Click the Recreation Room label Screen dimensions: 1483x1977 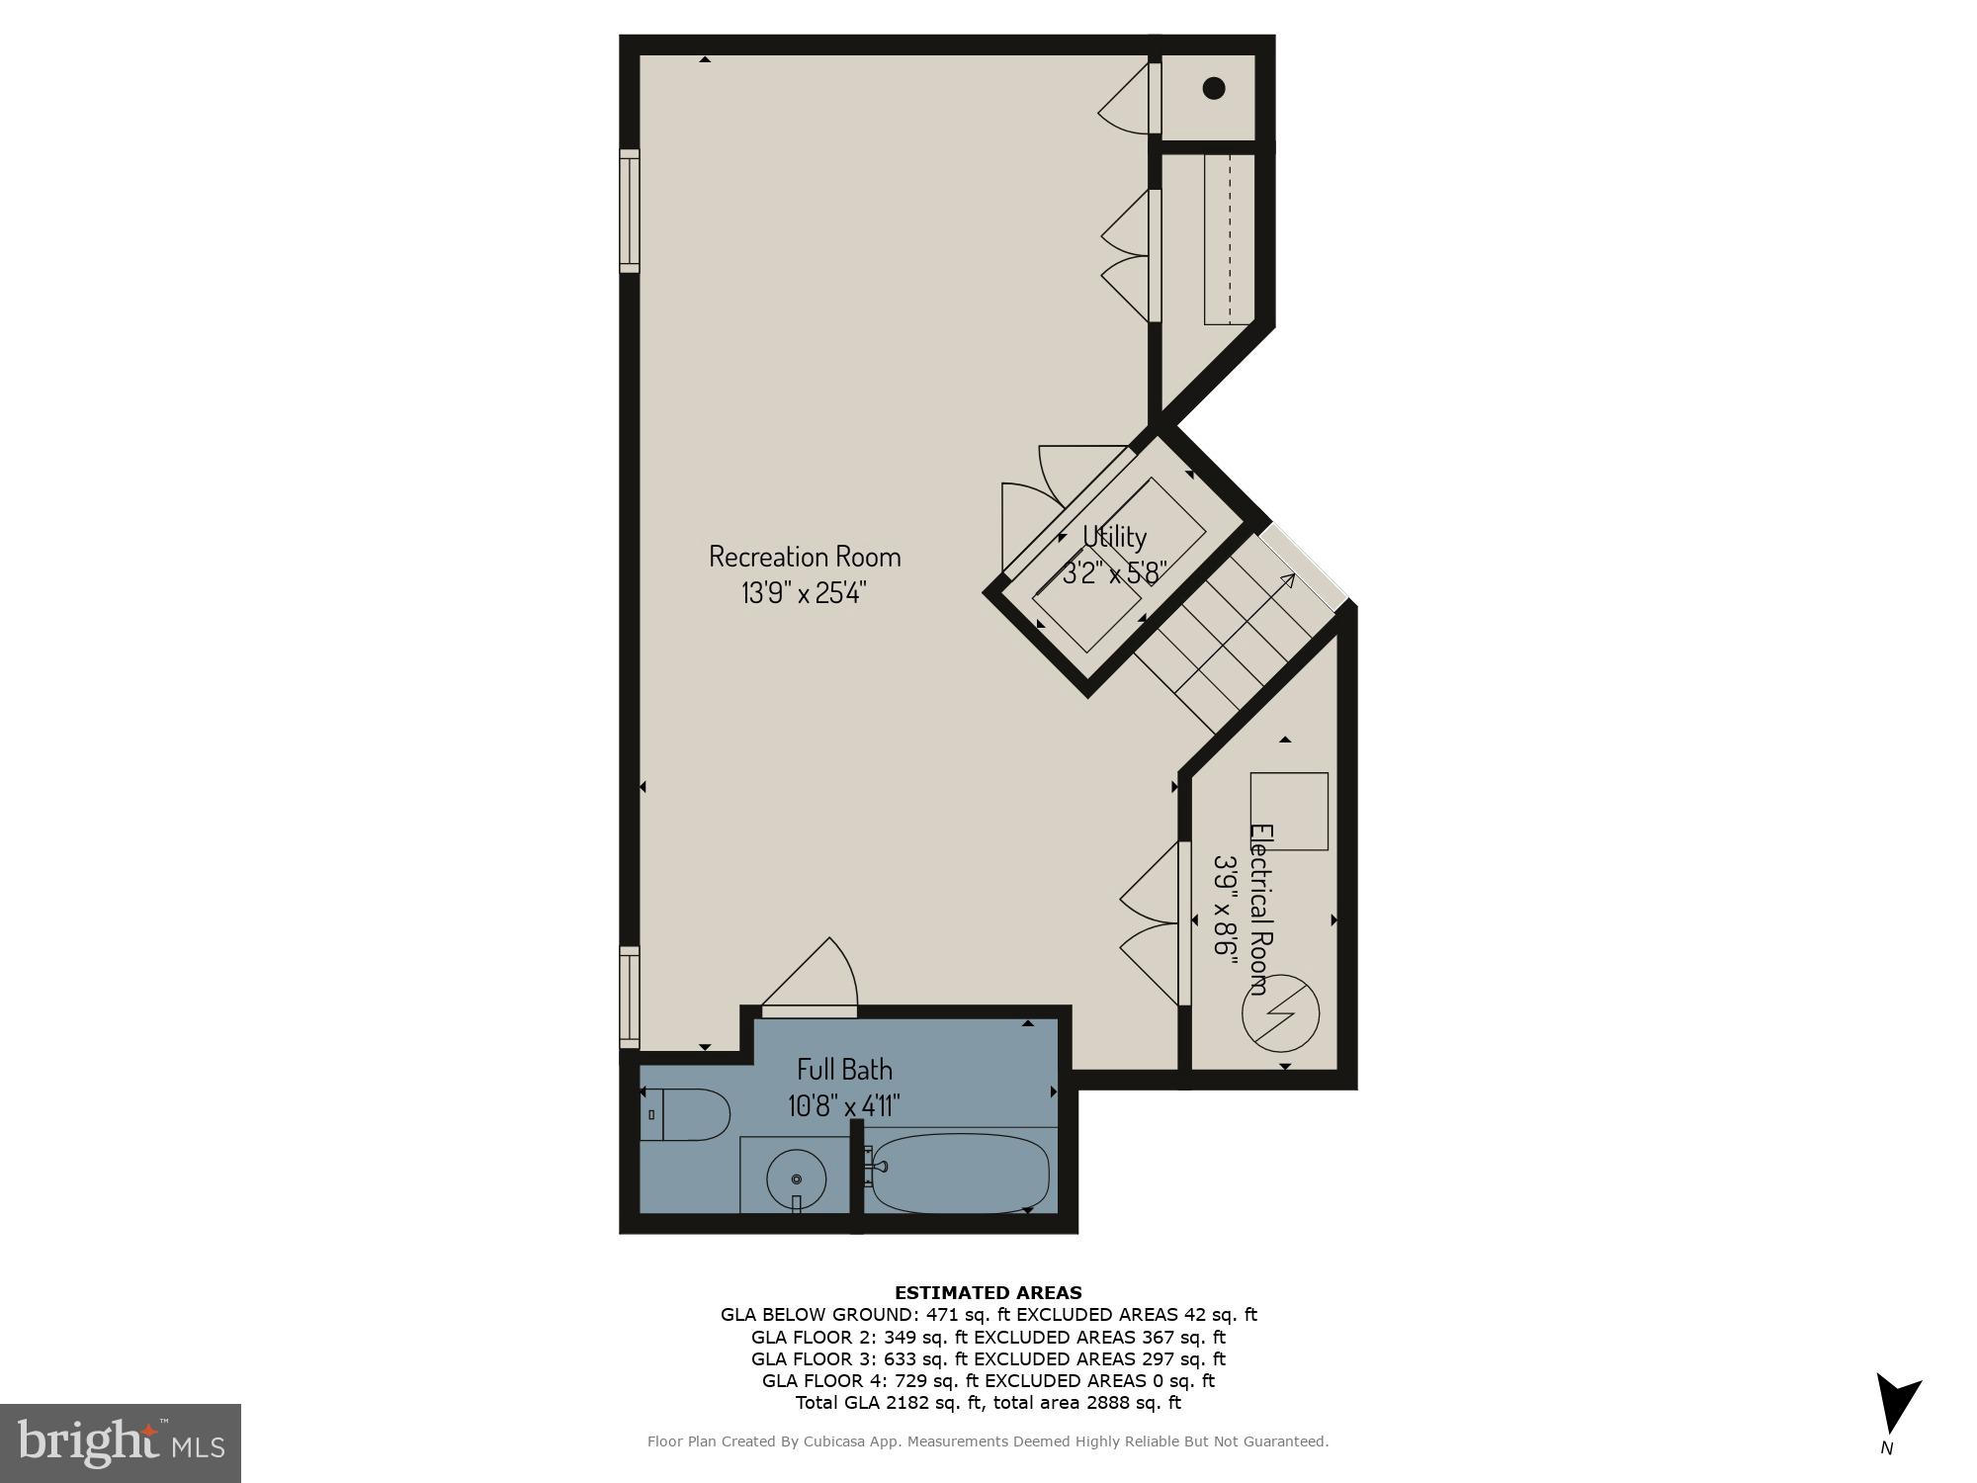805,556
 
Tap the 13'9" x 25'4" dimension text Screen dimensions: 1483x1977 805,593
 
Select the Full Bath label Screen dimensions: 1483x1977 844,1070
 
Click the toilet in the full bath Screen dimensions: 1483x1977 686,1114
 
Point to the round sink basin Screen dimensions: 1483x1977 797,1178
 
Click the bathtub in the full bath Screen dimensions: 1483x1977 959,1174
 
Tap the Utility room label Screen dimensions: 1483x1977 1114,537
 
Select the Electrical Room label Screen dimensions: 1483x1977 1260,910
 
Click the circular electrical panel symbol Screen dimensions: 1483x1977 1281,1013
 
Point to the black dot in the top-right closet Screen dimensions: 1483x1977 1214,88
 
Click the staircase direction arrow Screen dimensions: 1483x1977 1286,579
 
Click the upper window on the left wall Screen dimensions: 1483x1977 630,211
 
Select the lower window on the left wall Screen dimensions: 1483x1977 630,997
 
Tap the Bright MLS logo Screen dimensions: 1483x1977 121,1443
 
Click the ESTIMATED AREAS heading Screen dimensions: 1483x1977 988,1292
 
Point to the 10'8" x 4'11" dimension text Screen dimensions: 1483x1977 844,1105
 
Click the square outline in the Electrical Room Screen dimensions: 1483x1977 1289,811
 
